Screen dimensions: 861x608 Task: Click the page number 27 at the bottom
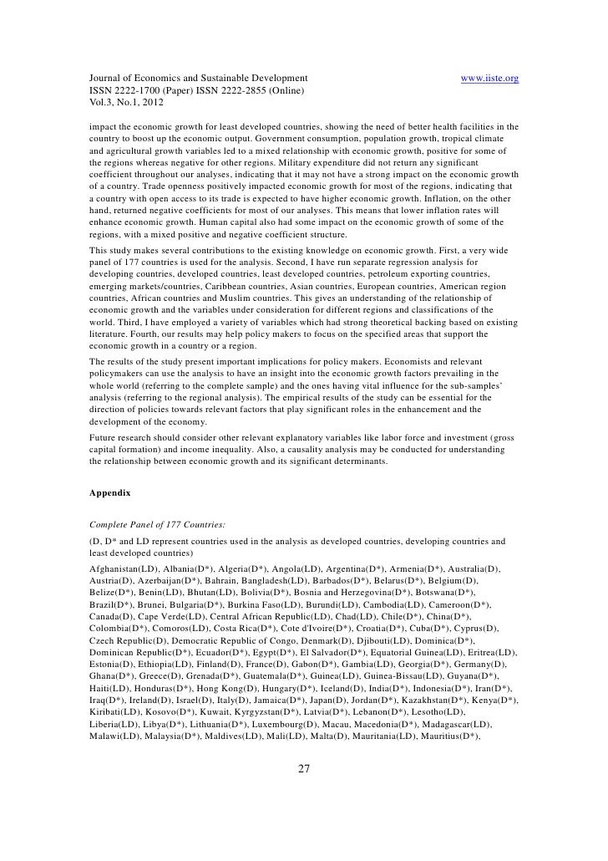pos(304,768)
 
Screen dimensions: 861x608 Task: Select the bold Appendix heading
pos(109,493)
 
